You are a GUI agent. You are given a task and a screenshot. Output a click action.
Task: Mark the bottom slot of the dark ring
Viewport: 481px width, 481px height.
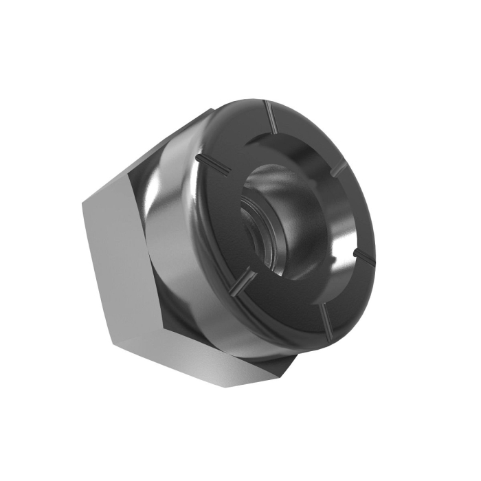coord(324,317)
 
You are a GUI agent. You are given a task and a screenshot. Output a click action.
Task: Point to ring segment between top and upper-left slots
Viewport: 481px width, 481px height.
coord(234,131)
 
